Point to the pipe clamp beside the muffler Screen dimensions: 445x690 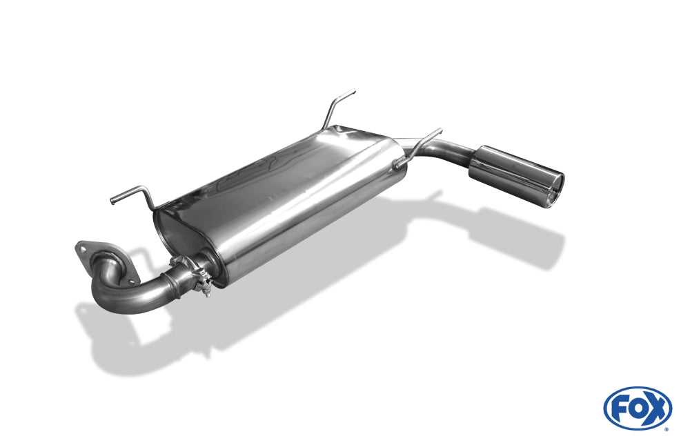199,278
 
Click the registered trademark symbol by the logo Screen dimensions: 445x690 666,428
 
